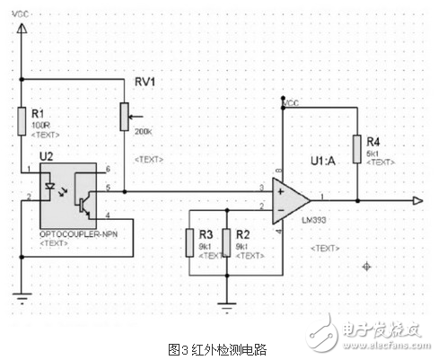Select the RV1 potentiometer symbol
tap(124, 118)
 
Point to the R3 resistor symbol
tap(189, 241)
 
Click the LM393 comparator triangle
tap(293, 199)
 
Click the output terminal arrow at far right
tap(419, 199)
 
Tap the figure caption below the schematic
tap(218, 348)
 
